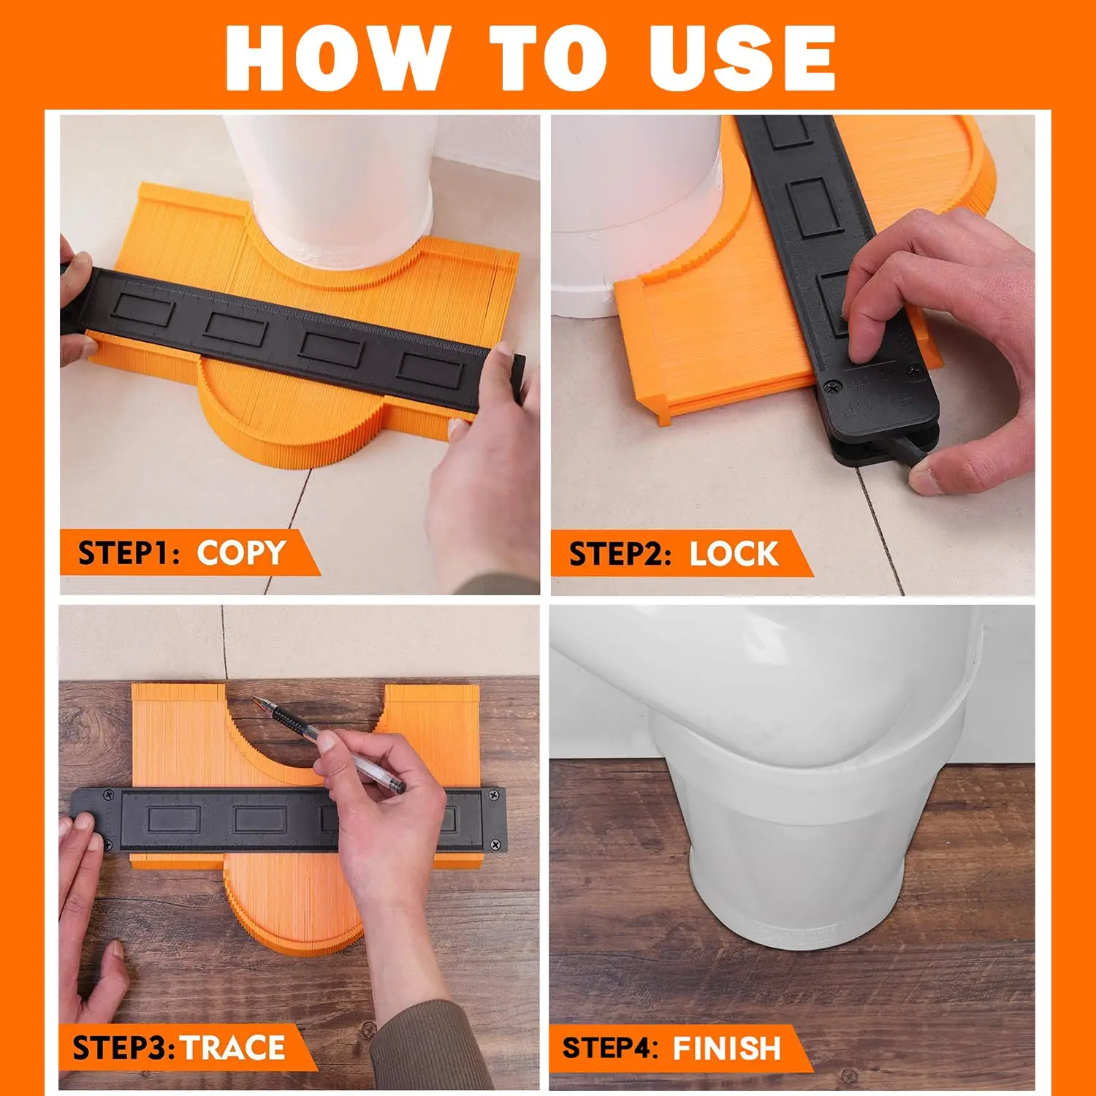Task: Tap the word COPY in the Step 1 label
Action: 241,553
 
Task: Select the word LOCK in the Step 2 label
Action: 734,554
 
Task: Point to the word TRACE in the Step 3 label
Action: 233,1048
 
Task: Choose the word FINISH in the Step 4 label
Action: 727,1048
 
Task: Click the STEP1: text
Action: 129,553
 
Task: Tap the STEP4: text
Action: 610,1048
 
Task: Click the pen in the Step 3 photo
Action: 329,745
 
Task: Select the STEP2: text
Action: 620,554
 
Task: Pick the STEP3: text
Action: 123,1048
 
